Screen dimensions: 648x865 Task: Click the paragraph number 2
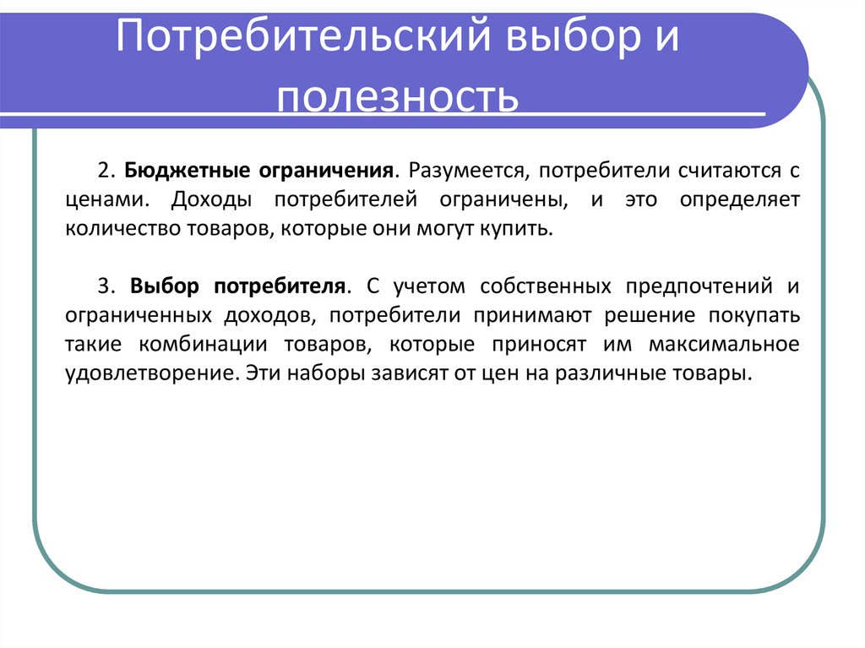(103, 171)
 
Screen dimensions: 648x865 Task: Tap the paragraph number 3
(103, 286)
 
